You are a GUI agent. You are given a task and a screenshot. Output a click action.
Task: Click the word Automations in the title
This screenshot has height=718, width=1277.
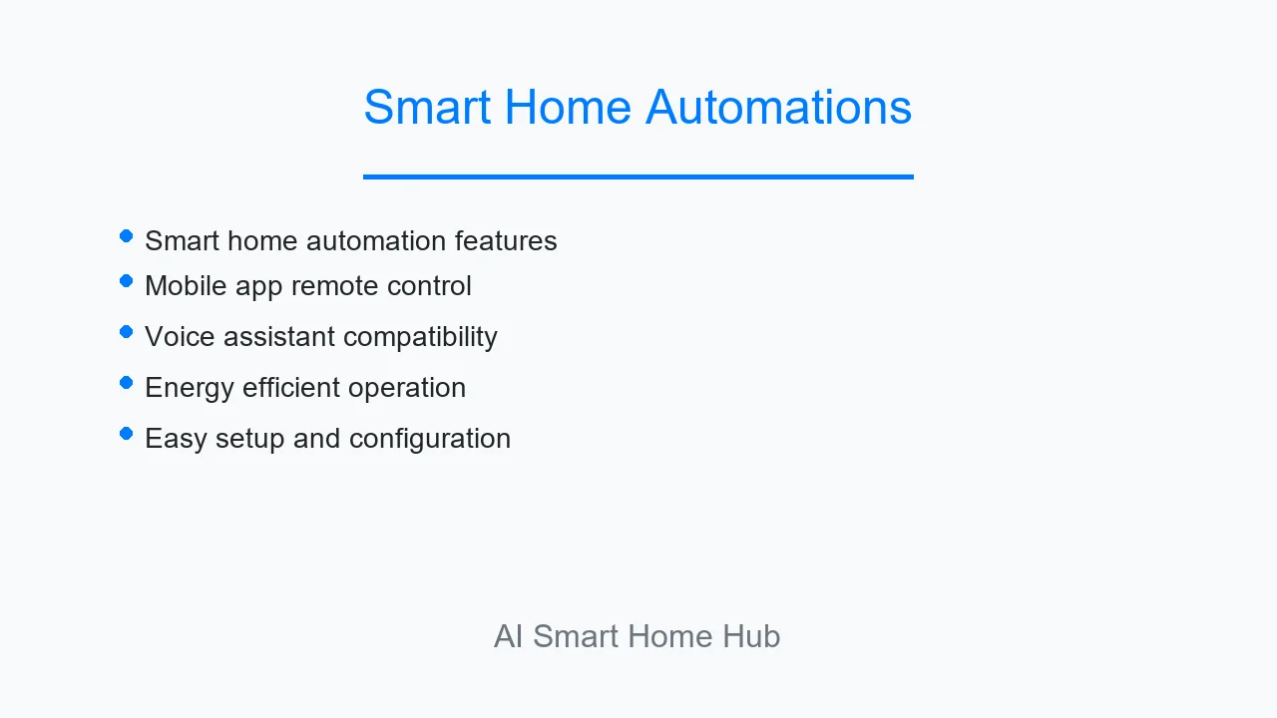pyautogui.click(x=779, y=107)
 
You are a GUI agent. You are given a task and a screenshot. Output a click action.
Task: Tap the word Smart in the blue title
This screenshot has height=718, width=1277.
pyautogui.click(x=427, y=107)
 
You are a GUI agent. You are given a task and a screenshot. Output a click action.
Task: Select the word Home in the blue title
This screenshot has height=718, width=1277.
pyautogui.click(x=568, y=107)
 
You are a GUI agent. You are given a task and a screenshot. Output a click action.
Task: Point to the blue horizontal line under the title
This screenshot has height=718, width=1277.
pyautogui.click(x=638, y=178)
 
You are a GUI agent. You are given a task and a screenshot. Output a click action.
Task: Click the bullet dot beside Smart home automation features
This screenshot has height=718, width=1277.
pyautogui.click(x=126, y=236)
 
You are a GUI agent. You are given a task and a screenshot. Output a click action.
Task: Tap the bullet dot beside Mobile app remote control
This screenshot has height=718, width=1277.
pyautogui.click(x=126, y=281)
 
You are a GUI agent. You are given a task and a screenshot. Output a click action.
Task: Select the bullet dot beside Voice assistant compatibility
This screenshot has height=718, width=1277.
pyautogui.click(x=126, y=332)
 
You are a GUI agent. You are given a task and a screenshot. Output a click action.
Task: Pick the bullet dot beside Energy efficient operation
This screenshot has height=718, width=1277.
pyautogui.click(x=126, y=383)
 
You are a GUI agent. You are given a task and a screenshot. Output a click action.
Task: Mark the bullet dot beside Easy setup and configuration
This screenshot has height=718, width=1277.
pyautogui.click(x=126, y=434)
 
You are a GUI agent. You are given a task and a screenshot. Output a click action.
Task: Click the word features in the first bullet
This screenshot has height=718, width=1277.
pyautogui.click(x=506, y=240)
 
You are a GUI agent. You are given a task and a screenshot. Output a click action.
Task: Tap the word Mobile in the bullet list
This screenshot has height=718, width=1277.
pyautogui.click(x=186, y=285)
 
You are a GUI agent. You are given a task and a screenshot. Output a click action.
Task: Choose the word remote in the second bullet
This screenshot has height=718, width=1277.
pyautogui.click(x=334, y=286)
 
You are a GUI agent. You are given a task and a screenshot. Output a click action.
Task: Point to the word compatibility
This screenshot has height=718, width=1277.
pyautogui.click(x=421, y=337)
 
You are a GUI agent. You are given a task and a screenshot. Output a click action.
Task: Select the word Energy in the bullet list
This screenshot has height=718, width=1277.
pyautogui.click(x=190, y=388)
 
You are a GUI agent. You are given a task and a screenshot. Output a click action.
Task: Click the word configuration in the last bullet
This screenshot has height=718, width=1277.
pyautogui.click(x=430, y=439)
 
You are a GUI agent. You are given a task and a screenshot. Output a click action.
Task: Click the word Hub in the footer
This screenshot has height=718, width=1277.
pyautogui.click(x=751, y=636)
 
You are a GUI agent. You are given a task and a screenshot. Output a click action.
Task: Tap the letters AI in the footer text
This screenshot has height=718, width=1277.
pyautogui.click(x=509, y=636)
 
